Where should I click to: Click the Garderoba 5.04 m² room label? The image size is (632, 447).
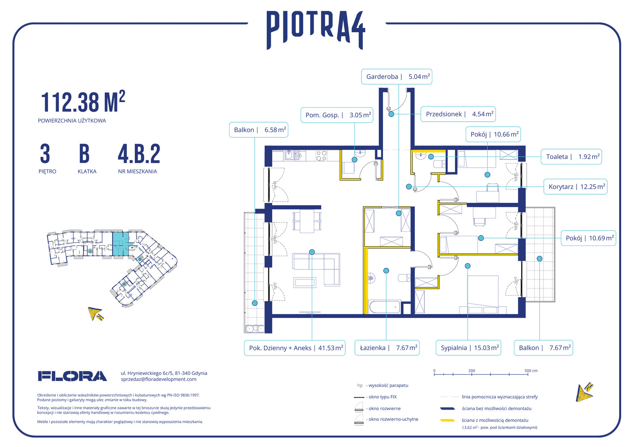[396, 77]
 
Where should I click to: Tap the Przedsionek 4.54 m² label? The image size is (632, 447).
[458, 114]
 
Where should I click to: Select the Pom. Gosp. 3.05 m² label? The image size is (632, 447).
[337, 115]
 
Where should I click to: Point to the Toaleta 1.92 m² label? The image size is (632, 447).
[571, 157]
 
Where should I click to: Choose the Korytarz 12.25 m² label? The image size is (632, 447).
[575, 187]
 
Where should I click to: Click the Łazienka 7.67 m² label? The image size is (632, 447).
[387, 348]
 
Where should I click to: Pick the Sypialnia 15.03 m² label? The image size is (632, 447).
[468, 348]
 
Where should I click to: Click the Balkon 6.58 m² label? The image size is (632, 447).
[259, 130]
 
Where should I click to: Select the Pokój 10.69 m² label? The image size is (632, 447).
[588, 238]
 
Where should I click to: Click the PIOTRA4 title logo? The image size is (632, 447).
[316, 30]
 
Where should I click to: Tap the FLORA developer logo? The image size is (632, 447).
[72, 376]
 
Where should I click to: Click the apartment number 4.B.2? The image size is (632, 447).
[139, 154]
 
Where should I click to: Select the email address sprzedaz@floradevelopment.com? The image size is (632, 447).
[158, 379]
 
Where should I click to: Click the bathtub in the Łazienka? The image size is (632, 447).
[385, 307]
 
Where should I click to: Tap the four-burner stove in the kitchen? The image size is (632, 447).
[321, 156]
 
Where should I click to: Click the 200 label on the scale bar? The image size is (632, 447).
[472, 370]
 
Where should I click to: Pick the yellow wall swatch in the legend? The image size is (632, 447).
[448, 421]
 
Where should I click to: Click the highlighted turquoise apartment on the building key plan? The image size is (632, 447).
[121, 244]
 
